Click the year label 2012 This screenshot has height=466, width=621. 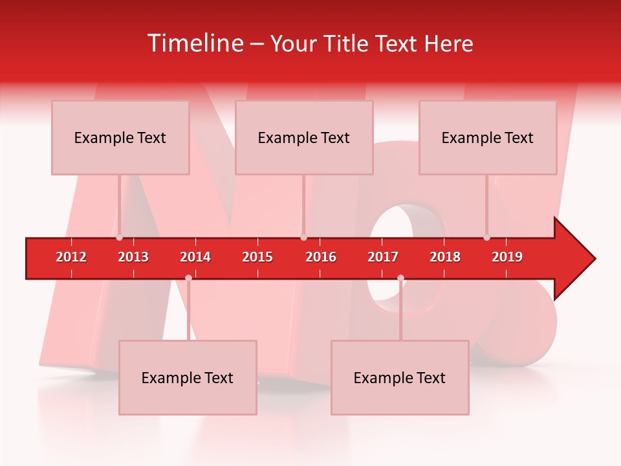coord(71,257)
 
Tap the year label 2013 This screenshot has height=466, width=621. coord(133,257)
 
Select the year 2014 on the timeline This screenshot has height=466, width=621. coord(195,257)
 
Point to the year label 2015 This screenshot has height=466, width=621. coord(257,257)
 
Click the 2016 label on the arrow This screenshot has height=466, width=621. coord(321,257)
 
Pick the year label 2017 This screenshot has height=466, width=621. coord(383,257)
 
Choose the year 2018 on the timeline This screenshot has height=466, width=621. coord(445,257)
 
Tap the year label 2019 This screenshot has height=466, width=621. coord(507,257)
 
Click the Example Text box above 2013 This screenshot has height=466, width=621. coord(120,138)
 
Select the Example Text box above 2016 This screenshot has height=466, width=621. coord(304,138)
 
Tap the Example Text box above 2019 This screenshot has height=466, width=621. coord(488,138)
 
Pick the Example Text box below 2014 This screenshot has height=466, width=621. coord(188,378)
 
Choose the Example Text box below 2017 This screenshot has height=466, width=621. coord(400,378)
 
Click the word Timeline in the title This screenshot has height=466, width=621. coord(195,43)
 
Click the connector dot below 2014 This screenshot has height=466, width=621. coord(188,278)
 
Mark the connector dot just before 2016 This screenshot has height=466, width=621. coord(303,238)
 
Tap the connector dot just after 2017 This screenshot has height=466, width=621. coord(400,278)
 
